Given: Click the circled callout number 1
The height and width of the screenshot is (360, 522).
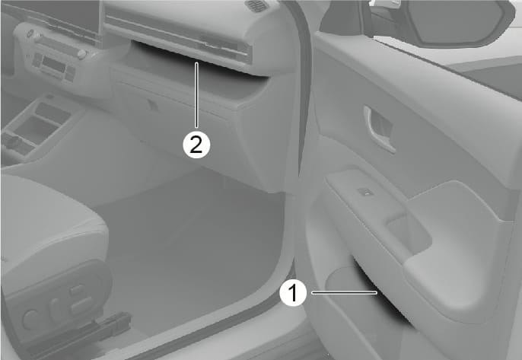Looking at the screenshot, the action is [293, 293].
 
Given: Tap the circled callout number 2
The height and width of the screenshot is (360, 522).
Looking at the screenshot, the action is [196, 145].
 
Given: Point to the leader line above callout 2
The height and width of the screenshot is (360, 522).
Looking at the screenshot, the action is [197, 95].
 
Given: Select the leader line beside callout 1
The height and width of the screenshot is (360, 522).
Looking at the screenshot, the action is [344, 293].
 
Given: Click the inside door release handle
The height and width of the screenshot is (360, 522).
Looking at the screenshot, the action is [380, 129].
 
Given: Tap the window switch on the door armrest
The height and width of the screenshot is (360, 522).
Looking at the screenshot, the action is [365, 192].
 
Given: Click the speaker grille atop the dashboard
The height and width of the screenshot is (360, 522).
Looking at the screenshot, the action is [257, 5].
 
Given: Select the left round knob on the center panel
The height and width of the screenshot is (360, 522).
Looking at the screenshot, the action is [30, 33].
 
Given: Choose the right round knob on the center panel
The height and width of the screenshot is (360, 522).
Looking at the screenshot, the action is [81, 54].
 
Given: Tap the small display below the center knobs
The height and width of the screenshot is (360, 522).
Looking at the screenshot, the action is [53, 64].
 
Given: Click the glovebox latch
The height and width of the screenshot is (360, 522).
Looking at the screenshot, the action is [154, 105].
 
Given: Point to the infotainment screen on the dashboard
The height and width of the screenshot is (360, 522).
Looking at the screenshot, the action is [50, 17].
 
